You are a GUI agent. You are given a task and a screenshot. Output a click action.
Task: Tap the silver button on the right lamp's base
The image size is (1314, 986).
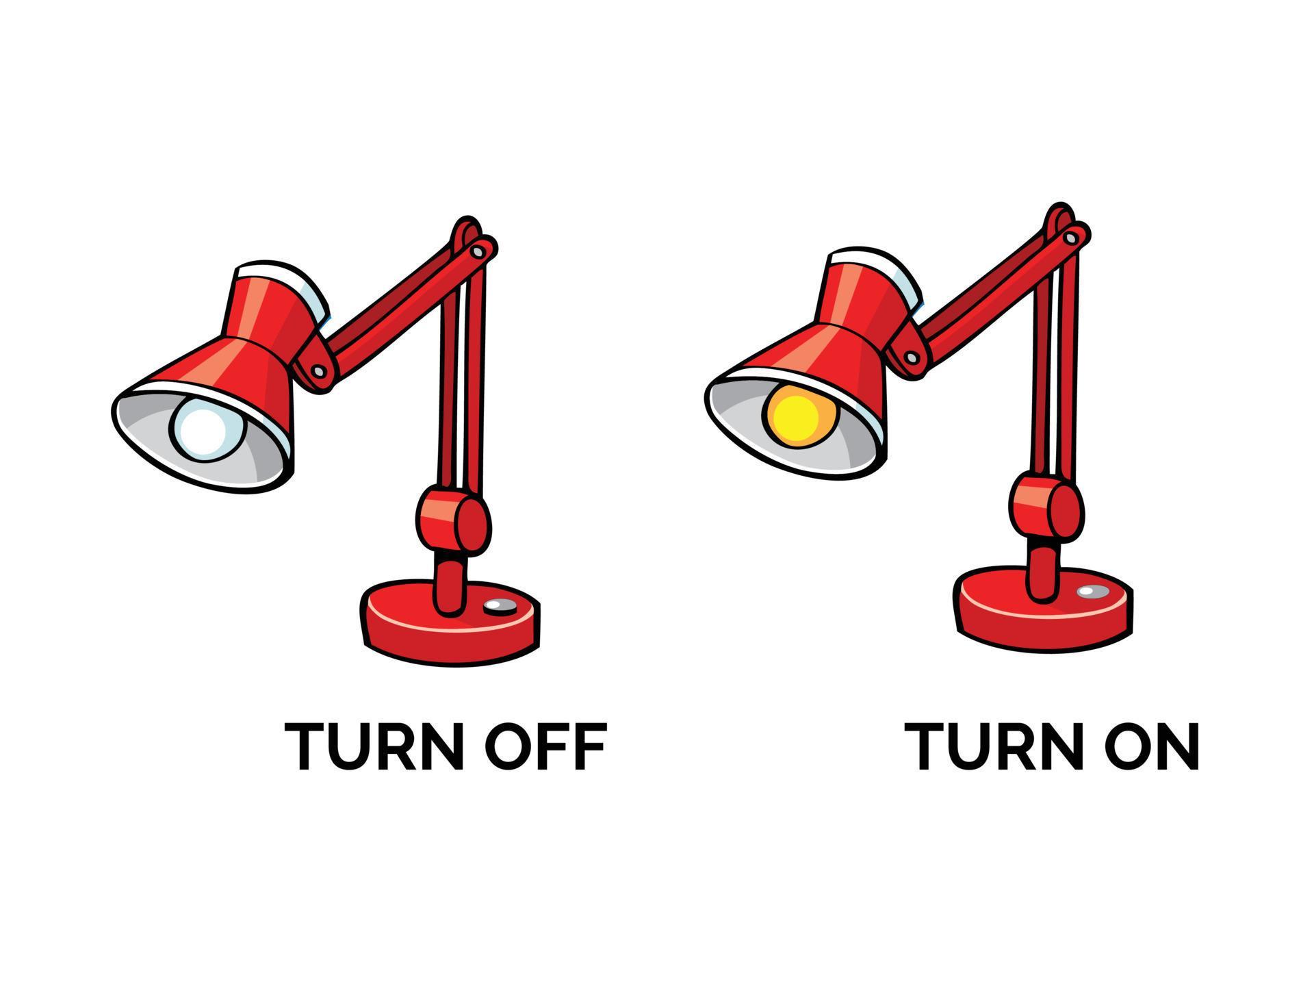click(1087, 591)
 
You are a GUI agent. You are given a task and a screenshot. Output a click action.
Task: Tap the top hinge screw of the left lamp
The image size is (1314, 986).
click(478, 252)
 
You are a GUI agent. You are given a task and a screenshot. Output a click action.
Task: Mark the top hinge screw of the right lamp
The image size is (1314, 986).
click(1070, 238)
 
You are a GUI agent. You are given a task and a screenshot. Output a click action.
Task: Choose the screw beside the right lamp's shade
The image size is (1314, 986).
click(912, 357)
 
